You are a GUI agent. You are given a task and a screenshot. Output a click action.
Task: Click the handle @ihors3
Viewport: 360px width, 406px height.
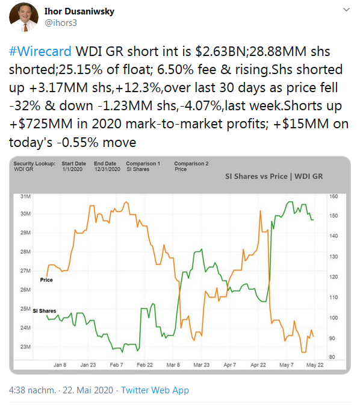click(x=62, y=22)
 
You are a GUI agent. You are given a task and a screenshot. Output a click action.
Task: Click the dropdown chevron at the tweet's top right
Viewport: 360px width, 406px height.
click(x=345, y=10)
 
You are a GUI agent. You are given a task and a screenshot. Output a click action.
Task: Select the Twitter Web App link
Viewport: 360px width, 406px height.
click(x=155, y=390)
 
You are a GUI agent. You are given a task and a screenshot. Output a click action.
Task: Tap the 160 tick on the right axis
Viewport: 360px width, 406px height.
click(x=334, y=196)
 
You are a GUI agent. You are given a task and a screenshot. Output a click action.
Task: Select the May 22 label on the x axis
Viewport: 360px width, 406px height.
click(x=315, y=365)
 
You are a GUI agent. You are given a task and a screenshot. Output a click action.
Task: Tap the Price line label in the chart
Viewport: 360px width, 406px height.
click(x=46, y=280)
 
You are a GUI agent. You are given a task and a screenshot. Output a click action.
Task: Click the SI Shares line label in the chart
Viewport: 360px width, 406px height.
click(x=44, y=311)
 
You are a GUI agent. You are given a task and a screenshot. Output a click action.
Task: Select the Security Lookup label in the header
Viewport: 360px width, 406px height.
click(x=34, y=164)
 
